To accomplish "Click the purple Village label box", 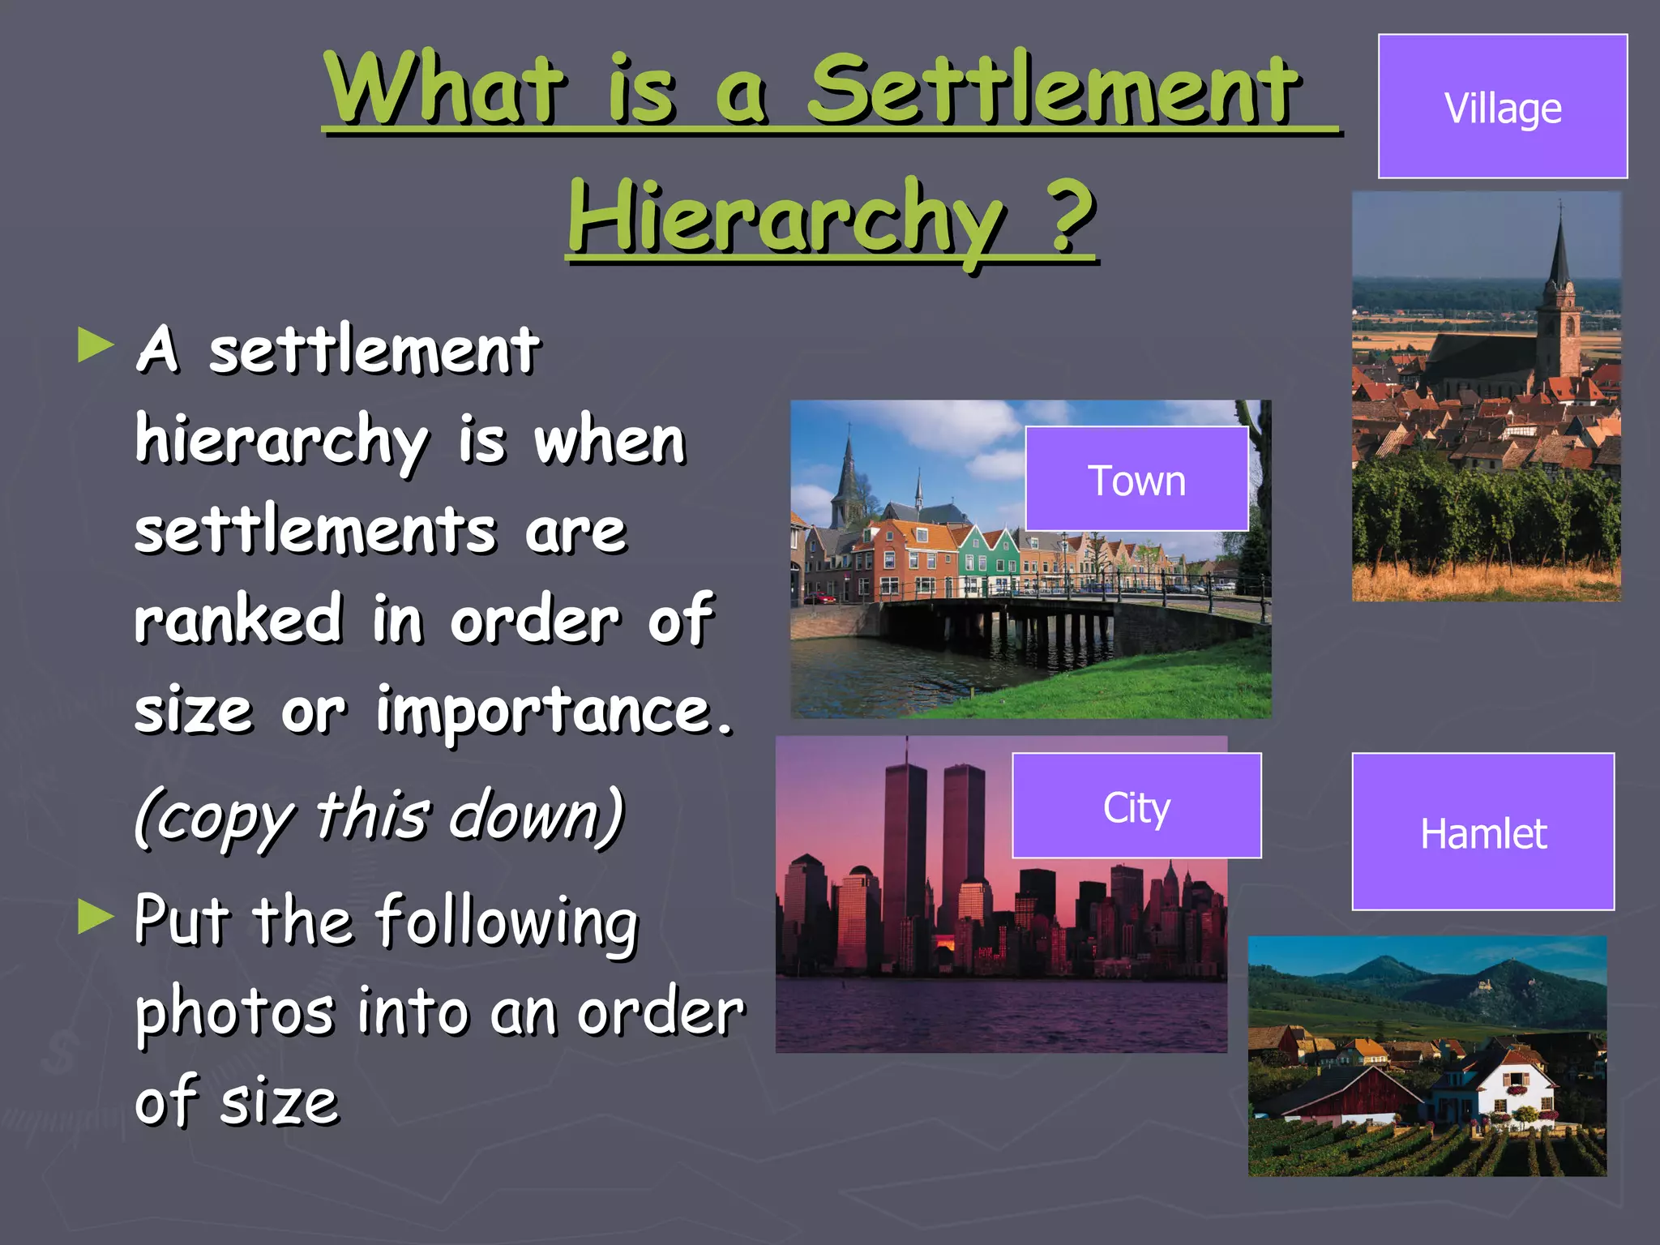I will [1502, 106].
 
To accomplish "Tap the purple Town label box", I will [1136, 479].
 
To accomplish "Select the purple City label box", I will [1136, 806].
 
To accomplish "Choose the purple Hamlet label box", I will [1482, 832].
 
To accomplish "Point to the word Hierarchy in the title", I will [786, 217].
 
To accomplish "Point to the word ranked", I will [238, 618].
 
